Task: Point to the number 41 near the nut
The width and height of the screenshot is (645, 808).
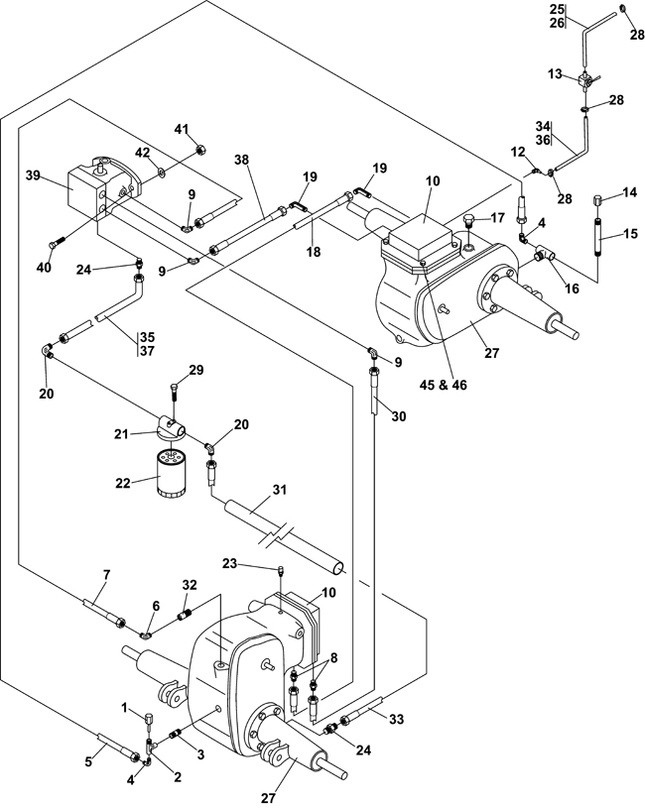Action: pyautogui.click(x=182, y=129)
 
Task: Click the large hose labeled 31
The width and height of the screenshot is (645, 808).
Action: pyautogui.click(x=288, y=536)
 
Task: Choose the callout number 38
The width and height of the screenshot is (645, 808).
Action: pyautogui.click(x=241, y=160)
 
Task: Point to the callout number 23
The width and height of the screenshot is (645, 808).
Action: pyautogui.click(x=257, y=563)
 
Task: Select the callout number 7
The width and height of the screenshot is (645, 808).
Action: pyautogui.click(x=107, y=576)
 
